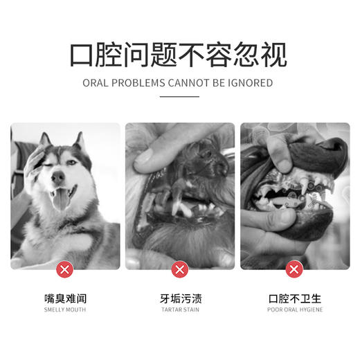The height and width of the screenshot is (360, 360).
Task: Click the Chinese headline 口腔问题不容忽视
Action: [x=179, y=54]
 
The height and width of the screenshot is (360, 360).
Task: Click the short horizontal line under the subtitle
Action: [x=179, y=97]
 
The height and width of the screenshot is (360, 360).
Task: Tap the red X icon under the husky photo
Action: [x=65, y=269]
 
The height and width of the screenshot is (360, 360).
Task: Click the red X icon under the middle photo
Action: [x=180, y=269]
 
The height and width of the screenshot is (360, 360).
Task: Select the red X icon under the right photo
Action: [x=295, y=269]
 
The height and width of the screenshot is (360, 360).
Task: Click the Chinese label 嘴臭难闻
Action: [x=65, y=299]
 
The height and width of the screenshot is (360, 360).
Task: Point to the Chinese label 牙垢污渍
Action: [x=180, y=299]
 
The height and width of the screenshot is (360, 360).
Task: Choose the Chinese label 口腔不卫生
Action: [x=295, y=299]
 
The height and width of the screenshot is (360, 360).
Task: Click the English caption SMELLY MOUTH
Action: [x=65, y=309]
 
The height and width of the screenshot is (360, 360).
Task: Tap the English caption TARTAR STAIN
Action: [x=180, y=309]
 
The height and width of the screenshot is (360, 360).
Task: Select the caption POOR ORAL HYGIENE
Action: [x=295, y=309]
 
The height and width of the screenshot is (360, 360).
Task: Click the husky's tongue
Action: [x=61, y=199]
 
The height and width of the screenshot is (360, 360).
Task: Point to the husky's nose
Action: [x=59, y=177]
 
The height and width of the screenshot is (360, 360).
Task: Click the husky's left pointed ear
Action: [x=46, y=140]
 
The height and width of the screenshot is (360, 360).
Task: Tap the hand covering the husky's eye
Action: [x=32, y=163]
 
